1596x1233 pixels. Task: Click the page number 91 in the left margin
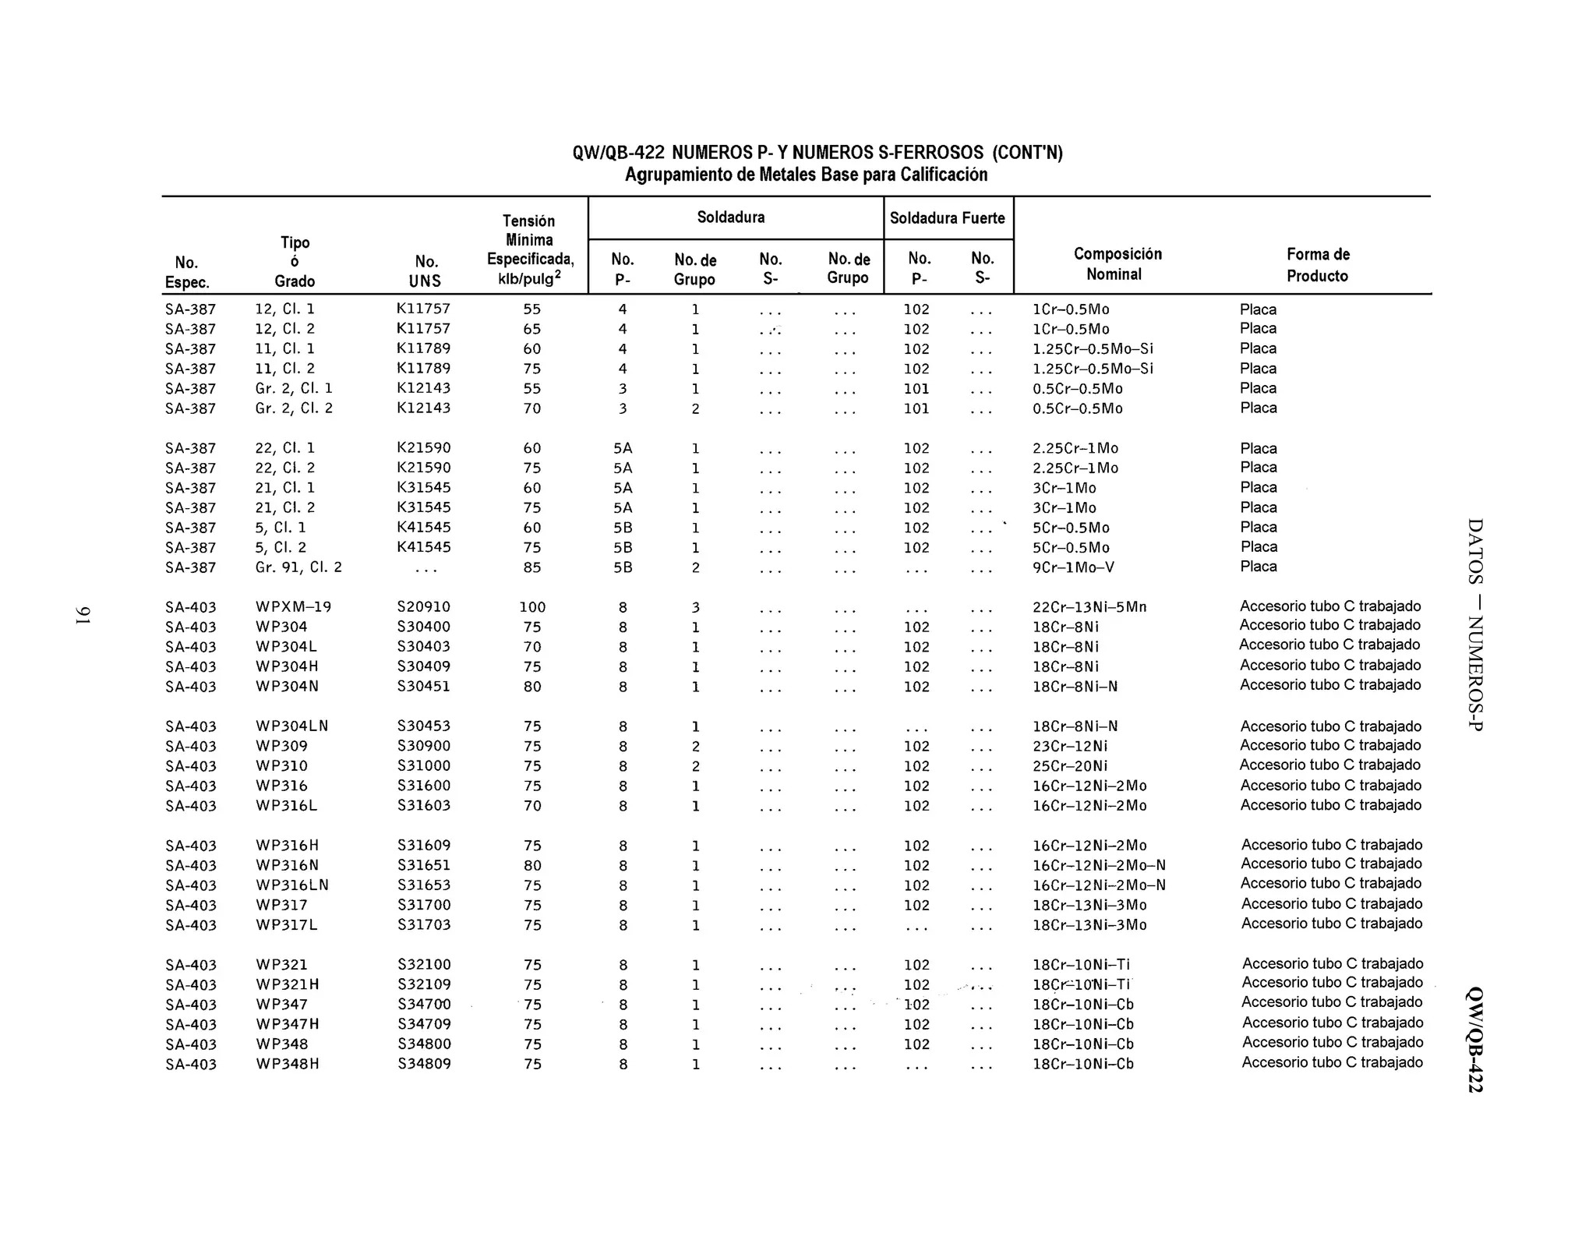[83, 615]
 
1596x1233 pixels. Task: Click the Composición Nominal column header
[1117, 264]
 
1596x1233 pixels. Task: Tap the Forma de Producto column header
[1317, 265]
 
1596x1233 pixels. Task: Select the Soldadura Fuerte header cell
[947, 218]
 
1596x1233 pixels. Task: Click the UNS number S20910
[424, 606]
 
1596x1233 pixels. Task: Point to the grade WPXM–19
[294, 606]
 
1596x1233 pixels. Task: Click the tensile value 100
[532, 607]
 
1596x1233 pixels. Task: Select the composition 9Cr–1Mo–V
[1073, 567]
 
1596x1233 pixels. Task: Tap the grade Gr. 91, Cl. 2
[298, 567]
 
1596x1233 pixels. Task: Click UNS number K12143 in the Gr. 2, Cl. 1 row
[424, 388]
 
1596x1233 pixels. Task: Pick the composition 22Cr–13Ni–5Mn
[1089, 607]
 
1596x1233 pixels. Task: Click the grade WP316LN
[292, 885]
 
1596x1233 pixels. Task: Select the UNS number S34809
[424, 1064]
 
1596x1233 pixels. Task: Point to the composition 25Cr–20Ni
[1069, 766]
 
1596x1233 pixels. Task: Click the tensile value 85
[532, 567]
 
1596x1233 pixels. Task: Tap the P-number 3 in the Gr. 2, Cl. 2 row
[622, 408]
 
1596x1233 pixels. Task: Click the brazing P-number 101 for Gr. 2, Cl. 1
[916, 388]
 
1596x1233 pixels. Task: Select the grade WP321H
[288, 984]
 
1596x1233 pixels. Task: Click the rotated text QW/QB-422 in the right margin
[1474, 1040]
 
